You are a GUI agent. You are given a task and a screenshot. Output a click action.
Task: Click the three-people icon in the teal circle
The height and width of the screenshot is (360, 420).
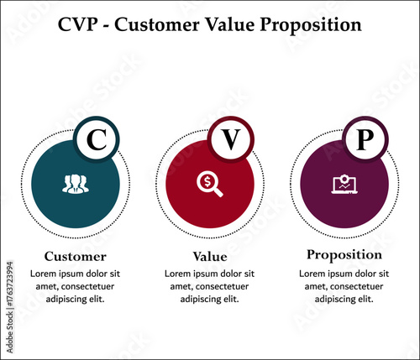75,183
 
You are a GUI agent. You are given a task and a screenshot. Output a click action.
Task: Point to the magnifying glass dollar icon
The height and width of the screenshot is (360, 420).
209,183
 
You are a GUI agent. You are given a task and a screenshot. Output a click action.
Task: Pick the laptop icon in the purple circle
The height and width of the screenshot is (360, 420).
344,183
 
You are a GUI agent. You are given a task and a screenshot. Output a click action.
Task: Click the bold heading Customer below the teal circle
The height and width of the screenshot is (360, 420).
75,257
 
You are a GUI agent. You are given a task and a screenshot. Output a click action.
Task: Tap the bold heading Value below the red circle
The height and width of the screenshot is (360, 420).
210,257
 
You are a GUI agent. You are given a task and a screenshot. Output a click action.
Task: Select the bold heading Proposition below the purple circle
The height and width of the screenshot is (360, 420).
344,254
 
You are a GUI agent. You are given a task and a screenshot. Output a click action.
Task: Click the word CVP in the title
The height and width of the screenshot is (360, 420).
80,24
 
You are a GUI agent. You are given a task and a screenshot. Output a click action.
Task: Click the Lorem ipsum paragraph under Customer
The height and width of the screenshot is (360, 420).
75,286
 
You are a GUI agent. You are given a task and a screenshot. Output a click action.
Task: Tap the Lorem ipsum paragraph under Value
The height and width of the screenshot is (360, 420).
209,286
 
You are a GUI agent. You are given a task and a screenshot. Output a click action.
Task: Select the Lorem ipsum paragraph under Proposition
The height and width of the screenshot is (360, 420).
344,285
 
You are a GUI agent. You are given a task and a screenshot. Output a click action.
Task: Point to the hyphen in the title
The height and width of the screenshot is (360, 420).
109,25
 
